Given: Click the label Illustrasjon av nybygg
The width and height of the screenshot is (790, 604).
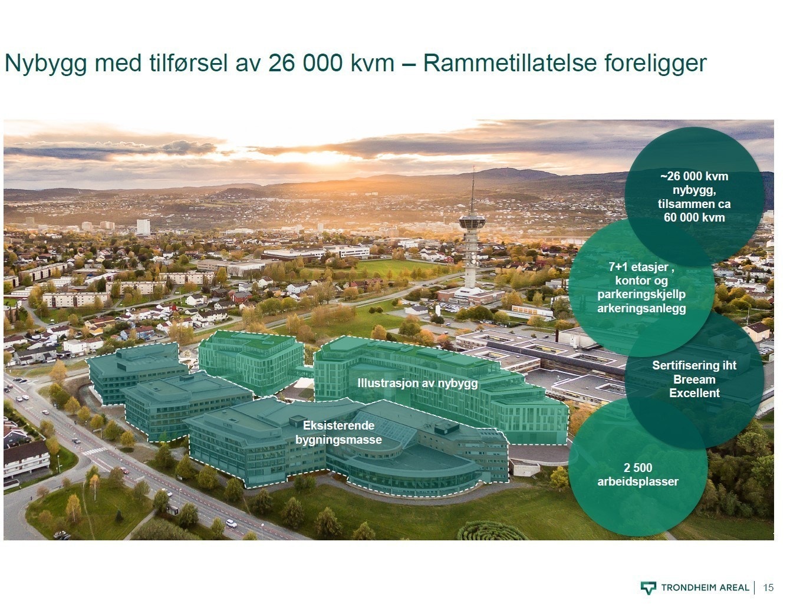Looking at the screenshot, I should (x=417, y=383).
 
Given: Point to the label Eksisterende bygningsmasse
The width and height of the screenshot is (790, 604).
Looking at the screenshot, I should (x=338, y=433).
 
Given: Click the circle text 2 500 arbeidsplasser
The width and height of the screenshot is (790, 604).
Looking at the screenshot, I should (x=638, y=475).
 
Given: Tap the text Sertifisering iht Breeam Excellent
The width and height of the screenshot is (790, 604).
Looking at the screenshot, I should (x=694, y=379).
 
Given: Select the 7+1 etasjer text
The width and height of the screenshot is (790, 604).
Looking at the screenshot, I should (x=641, y=267).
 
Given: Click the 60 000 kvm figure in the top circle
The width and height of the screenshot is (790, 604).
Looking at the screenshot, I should (x=694, y=217).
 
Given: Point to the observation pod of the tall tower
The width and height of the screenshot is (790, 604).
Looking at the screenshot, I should (x=472, y=223).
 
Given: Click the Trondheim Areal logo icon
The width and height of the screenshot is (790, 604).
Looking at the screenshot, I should (x=648, y=588).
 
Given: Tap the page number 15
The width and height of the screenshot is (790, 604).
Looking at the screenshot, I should (x=768, y=588).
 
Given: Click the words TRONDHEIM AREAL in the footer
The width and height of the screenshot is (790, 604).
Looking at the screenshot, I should (x=705, y=588).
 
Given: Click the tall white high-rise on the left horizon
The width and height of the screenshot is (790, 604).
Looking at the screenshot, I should (x=143, y=227).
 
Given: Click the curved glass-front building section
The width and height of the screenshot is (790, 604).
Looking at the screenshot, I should (x=413, y=468).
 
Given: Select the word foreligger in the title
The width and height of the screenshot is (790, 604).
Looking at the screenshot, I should (x=655, y=63).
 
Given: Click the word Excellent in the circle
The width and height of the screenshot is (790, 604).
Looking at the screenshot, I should (x=694, y=393).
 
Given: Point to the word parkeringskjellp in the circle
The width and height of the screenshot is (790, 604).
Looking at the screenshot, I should (x=641, y=294).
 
